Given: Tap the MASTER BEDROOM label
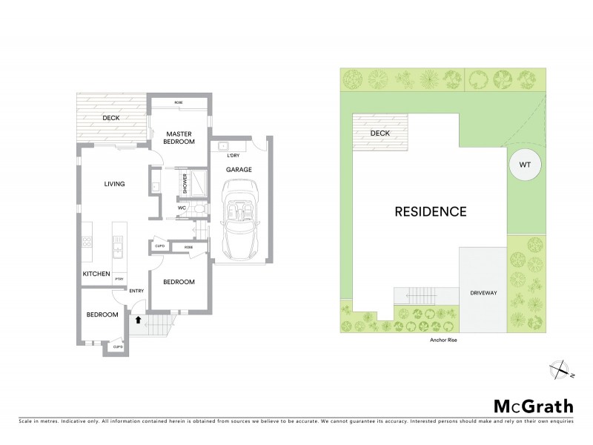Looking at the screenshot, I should point(179,137).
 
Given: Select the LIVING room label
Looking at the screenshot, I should point(113,184).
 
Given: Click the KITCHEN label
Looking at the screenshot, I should point(96,274).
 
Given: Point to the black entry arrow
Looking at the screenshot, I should point(138,320).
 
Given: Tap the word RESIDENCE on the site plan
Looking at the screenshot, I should point(430,211).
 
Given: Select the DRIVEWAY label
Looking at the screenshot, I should point(483,294).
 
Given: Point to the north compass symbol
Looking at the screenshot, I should point(561,369).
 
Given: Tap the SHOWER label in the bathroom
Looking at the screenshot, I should point(185,183).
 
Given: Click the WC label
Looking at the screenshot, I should point(182,208).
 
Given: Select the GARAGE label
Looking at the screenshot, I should point(239,169).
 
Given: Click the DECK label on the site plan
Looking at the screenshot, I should point(380,133).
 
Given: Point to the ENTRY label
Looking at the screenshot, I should point(136,291).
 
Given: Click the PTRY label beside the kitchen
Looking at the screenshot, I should point(119,278).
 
